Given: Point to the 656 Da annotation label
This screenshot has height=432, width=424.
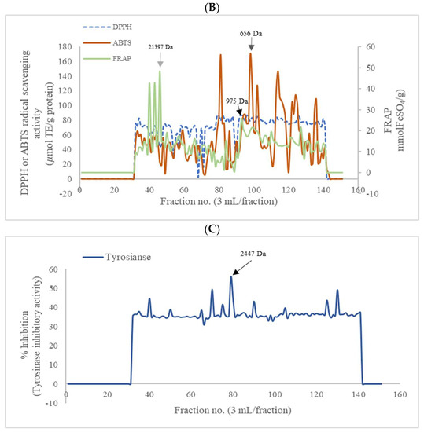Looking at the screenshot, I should point(251,35).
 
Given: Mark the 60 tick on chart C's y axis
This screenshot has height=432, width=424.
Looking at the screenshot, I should point(54,269).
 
